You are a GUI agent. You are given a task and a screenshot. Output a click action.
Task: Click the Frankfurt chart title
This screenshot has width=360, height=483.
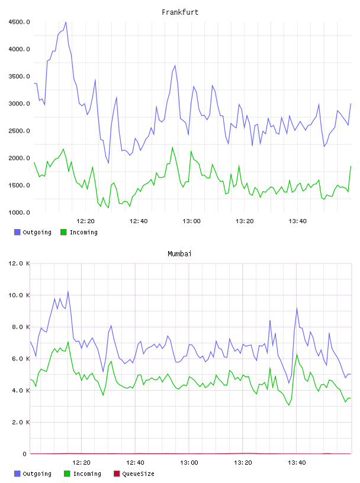click(180, 12)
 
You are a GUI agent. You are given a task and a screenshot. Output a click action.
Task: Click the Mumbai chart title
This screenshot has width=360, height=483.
click(179, 253)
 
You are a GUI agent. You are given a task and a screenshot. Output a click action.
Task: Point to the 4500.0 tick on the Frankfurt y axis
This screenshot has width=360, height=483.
click(19, 22)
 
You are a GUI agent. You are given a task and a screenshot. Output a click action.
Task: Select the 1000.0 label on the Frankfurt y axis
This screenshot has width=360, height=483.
click(19, 212)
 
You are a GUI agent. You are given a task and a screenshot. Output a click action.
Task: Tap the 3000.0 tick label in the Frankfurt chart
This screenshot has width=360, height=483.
click(19, 104)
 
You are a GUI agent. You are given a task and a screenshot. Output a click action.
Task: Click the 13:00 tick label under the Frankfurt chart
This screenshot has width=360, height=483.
click(191, 221)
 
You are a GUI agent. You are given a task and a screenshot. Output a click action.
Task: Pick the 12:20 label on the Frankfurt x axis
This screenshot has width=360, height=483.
click(85, 221)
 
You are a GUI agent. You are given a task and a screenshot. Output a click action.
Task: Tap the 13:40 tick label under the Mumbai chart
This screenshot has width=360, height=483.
click(297, 462)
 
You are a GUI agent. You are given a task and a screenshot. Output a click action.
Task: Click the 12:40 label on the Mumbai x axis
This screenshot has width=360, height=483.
click(136, 462)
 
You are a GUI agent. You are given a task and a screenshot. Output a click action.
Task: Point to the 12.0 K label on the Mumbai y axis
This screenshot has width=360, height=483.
click(19, 263)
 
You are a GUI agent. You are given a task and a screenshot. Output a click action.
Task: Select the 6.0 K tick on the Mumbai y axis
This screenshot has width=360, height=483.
click(21, 359)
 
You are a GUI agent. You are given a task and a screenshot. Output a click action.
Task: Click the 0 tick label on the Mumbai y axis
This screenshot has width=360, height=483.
click(25, 454)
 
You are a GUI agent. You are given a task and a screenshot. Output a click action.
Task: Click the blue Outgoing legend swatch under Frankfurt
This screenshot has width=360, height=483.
click(17, 232)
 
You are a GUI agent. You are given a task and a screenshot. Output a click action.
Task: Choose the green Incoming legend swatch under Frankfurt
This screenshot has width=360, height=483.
click(63, 232)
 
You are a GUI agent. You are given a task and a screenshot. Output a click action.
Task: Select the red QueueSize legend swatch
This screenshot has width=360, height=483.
click(117, 474)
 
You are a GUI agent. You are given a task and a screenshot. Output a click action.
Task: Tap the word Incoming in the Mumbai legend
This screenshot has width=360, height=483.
click(87, 474)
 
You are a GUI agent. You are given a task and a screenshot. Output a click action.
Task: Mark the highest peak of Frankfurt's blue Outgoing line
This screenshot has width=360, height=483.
click(66, 22)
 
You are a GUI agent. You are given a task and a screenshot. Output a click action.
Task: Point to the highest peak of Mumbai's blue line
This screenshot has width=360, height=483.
click(68, 291)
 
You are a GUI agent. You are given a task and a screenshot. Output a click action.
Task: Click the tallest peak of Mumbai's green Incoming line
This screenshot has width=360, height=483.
click(68, 342)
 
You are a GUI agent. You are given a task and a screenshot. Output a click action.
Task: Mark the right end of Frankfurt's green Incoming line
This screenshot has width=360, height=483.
click(351, 166)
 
